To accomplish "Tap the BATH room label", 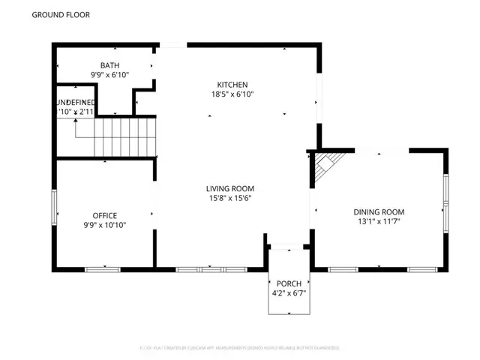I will tap(109, 65).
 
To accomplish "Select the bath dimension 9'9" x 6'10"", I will tap(109, 75).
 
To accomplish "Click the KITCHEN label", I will tap(232, 85).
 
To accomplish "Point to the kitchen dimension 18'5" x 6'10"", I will tap(232, 94).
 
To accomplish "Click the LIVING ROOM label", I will tap(230, 188).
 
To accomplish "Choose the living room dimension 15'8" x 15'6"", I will tap(230, 198).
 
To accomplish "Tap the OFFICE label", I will tap(104, 215).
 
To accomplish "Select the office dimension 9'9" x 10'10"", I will tap(104, 225).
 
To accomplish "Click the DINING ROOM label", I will tap(379, 212).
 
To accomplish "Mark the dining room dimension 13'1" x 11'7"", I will tap(379, 222).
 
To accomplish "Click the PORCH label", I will tap(288, 283).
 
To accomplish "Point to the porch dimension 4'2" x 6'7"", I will tap(288, 293).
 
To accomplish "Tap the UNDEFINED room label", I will tap(76, 102).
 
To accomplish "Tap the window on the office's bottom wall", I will tap(102, 269).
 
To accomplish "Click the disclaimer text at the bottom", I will tap(239, 348).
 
